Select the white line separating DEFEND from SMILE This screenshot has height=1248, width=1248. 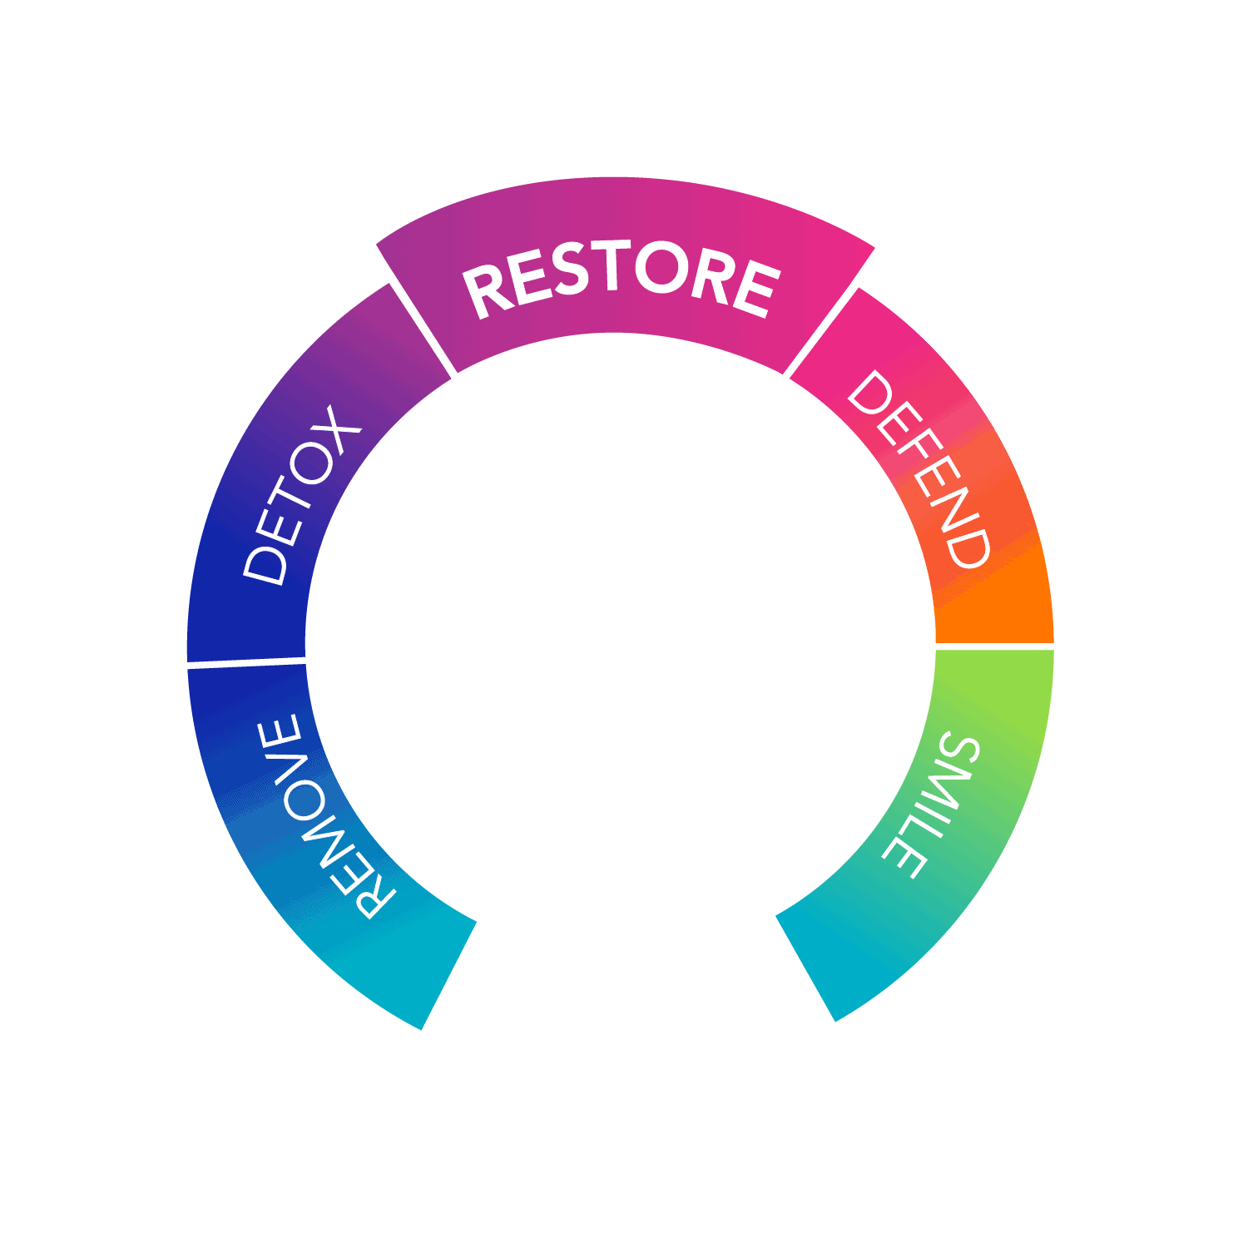coord(994,646)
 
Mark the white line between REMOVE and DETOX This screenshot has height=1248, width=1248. coord(247,662)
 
